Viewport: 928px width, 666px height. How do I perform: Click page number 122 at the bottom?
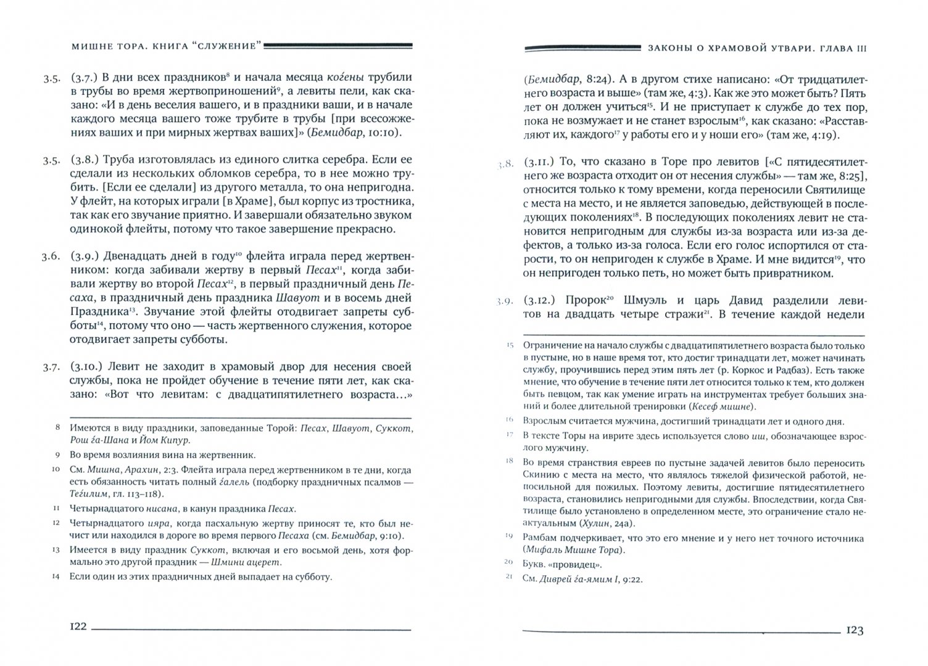[78, 627]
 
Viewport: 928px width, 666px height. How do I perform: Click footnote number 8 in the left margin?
[57, 427]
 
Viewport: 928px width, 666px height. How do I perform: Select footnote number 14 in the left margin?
[57, 578]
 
